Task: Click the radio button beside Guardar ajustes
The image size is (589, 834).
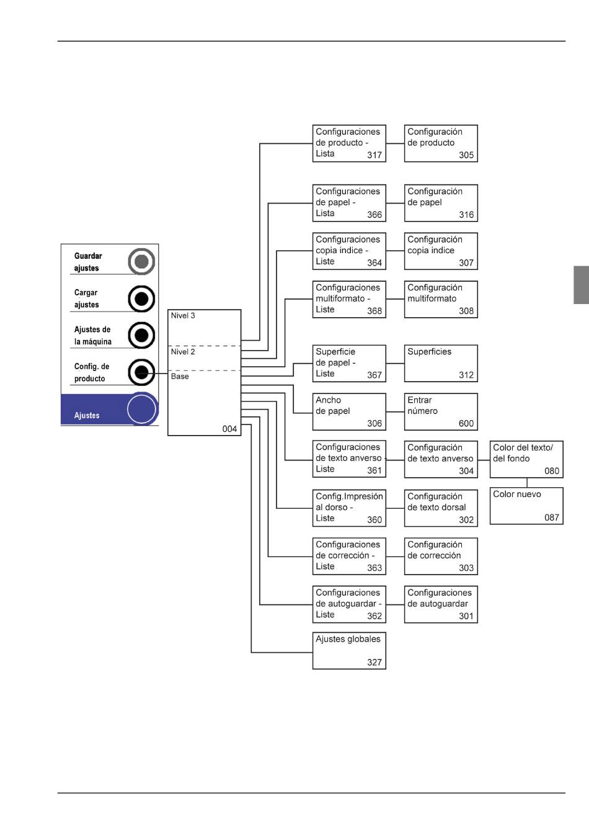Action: pos(141,261)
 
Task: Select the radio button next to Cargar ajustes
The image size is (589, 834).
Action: pos(141,298)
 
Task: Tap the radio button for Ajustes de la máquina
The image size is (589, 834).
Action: pos(141,335)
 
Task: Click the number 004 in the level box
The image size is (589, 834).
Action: pos(229,429)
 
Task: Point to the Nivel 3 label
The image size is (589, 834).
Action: pos(183,316)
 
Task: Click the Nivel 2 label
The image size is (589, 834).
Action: pos(183,352)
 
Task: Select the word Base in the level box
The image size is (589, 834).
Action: pos(180,377)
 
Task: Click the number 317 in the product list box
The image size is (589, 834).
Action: pos(374,155)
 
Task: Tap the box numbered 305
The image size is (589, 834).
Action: pos(441,143)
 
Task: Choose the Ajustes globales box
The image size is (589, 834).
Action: pos(349,650)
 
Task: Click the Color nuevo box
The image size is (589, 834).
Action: pos(526,506)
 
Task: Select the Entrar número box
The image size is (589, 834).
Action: pos(441,412)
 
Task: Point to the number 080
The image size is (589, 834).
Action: pos(552,471)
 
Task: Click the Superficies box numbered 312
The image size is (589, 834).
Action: pos(441,364)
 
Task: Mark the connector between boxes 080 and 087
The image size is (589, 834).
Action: pos(527,483)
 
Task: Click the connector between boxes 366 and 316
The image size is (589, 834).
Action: pos(395,204)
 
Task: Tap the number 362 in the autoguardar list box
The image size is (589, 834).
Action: pos(374,616)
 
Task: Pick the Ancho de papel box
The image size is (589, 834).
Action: pos(349,412)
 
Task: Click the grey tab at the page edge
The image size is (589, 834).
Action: pos(581,285)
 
